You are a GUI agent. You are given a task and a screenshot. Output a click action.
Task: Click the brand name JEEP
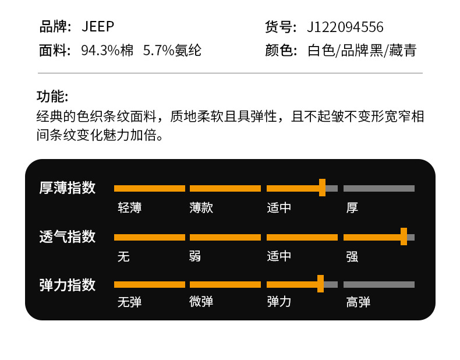point(98,27)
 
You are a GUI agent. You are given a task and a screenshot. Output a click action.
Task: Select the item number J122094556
point(345,27)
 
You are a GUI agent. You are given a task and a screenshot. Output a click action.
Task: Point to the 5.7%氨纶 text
point(172,51)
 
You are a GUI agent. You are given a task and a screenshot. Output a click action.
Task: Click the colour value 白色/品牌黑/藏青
point(362,51)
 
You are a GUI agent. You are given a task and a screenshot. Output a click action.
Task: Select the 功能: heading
point(52,97)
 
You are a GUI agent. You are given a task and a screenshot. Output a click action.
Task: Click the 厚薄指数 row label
point(67,188)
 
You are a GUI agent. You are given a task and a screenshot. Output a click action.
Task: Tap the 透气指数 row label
point(67,237)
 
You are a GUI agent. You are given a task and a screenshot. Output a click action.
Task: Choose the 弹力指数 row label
point(67,285)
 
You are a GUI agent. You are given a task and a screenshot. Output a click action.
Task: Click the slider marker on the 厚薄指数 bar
point(322,188)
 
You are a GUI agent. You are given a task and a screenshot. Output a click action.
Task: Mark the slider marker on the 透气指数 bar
point(404,237)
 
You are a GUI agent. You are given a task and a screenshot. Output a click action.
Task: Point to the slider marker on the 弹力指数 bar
point(320,284)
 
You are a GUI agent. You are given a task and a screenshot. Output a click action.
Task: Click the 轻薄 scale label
point(129,208)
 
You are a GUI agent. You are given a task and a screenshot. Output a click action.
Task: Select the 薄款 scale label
point(201,208)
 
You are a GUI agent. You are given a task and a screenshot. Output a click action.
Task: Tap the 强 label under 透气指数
point(352,257)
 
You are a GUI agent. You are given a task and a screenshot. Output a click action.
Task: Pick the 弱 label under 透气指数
point(195,257)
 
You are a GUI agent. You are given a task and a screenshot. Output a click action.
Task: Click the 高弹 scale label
point(358,302)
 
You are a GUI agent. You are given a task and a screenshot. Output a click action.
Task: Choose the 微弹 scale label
point(201,302)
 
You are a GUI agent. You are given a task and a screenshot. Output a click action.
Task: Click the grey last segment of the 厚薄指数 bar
point(379,188)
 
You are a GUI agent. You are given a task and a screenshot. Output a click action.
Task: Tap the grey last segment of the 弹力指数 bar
point(379,285)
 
